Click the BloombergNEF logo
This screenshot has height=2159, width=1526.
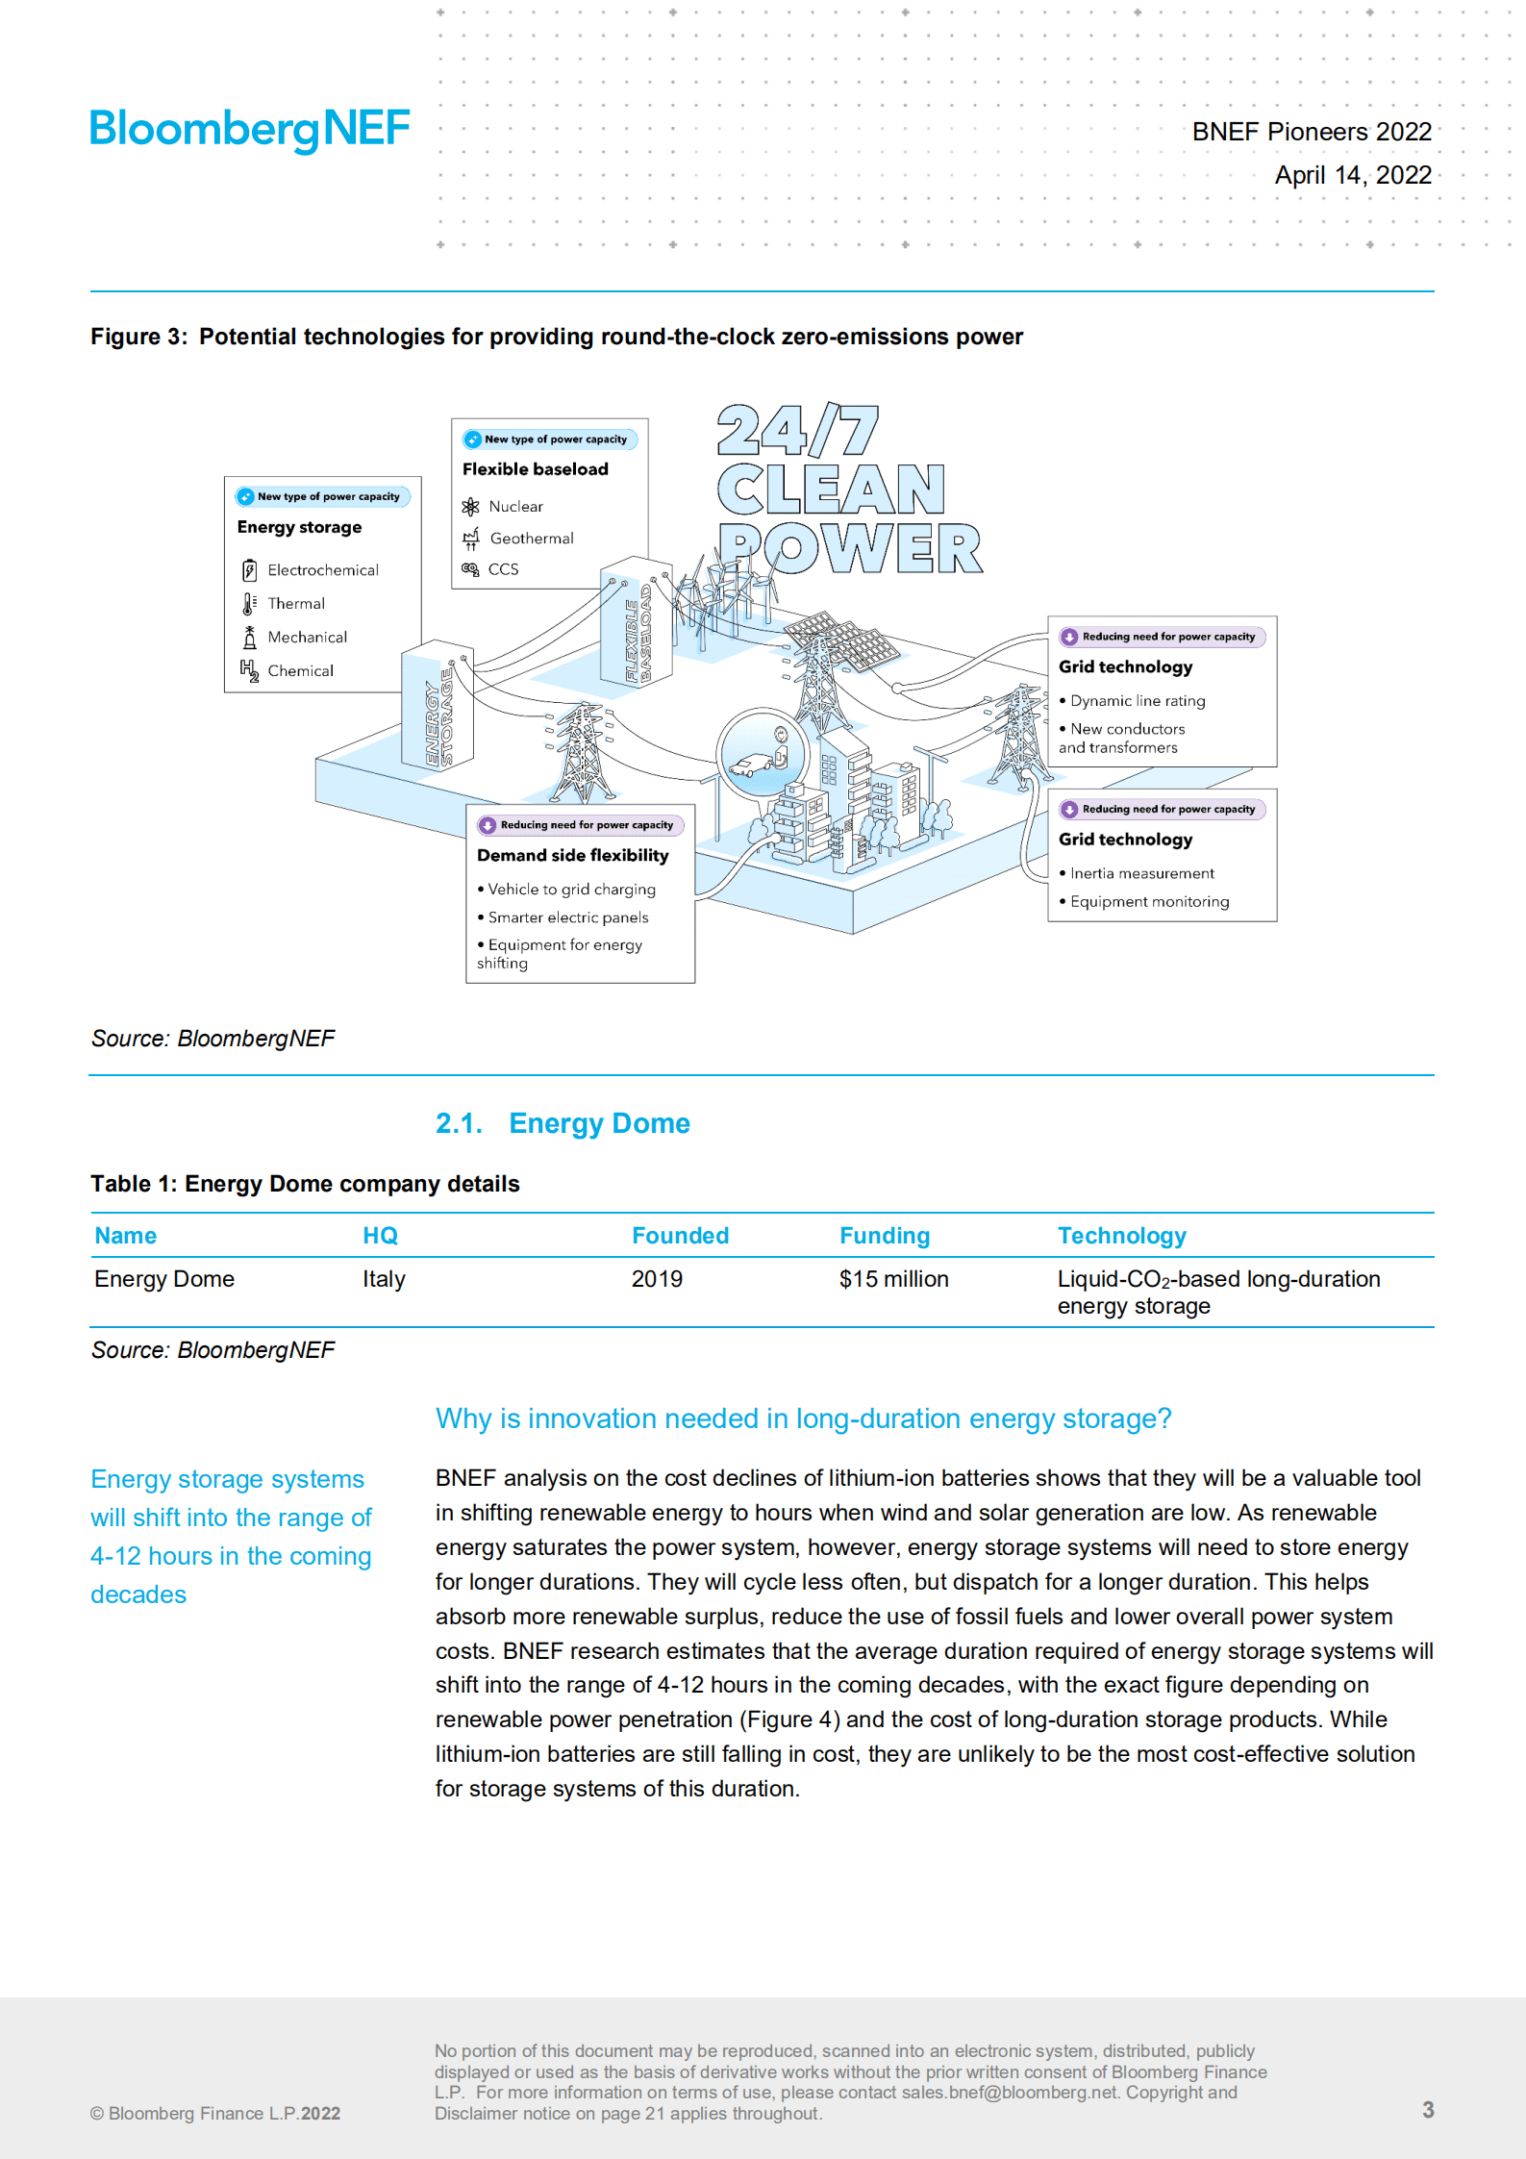[x=250, y=129]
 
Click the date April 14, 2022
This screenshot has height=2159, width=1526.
[x=1352, y=175]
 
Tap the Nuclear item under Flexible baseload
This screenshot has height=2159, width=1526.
[x=515, y=507]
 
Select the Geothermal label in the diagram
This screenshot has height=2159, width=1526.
[x=531, y=539]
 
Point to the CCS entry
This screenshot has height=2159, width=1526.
[x=503, y=569]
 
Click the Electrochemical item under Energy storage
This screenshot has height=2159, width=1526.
[x=322, y=570]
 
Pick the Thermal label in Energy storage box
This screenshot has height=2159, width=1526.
[x=296, y=604]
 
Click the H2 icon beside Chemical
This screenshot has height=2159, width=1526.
[x=249, y=670]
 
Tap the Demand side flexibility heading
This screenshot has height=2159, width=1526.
[x=572, y=855]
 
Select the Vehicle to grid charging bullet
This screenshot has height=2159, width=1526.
[x=571, y=890]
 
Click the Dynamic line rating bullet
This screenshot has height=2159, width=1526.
[x=1137, y=701]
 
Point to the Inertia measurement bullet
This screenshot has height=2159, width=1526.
[x=1141, y=873]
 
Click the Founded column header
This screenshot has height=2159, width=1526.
[x=680, y=1236]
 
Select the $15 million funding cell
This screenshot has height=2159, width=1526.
[x=893, y=1279]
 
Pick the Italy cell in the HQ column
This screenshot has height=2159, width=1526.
[x=384, y=1279]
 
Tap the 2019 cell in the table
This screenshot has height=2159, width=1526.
[x=657, y=1279]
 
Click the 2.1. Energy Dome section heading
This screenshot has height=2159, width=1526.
[x=563, y=1123]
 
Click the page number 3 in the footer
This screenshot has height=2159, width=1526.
[x=1428, y=2109]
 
